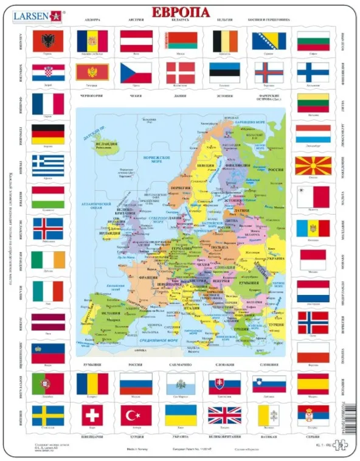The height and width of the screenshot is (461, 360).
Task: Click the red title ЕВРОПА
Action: (x=181, y=12)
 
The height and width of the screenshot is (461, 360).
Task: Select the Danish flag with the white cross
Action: (x=180, y=73)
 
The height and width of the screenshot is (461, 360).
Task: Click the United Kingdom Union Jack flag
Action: (x=224, y=415)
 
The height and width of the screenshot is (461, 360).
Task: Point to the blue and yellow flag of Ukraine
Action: (x=181, y=415)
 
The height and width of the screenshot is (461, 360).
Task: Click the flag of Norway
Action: (x=313, y=322)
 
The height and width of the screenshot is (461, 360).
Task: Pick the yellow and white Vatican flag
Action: (x=268, y=415)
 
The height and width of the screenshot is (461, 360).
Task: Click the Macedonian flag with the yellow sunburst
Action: (x=313, y=166)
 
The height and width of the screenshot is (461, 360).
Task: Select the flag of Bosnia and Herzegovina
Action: (x=268, y=41)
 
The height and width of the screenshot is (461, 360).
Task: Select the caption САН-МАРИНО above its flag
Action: (x=181, y=366)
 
